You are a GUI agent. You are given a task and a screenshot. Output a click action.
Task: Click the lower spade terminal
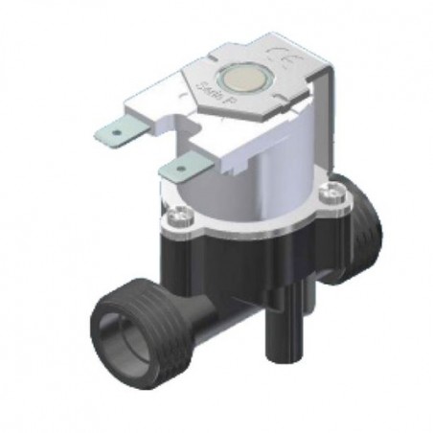(179, 170)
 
